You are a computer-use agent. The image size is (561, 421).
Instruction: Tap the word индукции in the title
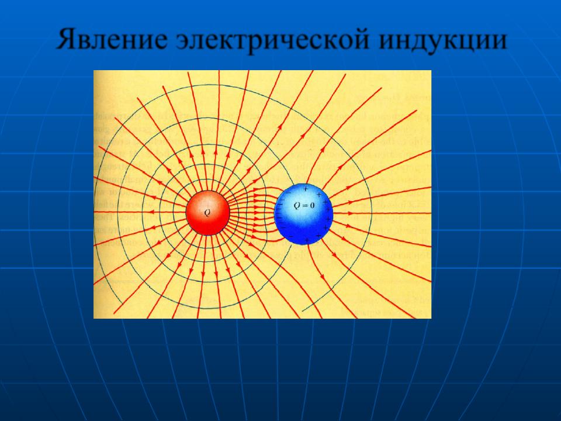[x=442, y=40]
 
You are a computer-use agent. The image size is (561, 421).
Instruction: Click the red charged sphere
[x=207, y=213]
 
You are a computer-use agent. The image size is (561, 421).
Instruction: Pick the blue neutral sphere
[x=303, y=214]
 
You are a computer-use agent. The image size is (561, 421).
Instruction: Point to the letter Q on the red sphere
[x=207, y=213]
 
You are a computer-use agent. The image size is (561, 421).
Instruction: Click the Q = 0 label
[x=304, y=206]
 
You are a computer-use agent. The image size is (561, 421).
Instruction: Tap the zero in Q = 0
[x=312, y=206]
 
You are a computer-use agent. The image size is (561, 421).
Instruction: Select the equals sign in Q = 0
[x=305, y=206]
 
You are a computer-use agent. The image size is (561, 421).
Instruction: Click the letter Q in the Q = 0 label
[x=297, y=206]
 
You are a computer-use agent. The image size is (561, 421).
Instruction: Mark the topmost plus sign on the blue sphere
[x=306, y=189]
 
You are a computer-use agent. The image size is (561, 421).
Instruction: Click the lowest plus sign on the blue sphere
[x=307, y=240]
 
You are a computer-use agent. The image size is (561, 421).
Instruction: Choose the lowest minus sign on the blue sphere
[x=291, y=237]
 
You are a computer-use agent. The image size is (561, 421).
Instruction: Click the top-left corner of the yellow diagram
[x=93, y=70]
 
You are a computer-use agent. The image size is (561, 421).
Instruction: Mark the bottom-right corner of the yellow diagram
[x=431, y=318]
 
